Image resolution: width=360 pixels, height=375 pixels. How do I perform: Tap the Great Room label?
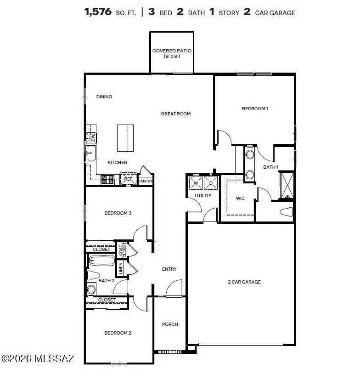(x=175, y=114)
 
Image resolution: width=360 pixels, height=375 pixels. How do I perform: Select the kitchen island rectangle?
(x=125, y=137)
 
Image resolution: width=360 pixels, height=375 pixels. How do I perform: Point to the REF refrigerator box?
(x=128, y=179)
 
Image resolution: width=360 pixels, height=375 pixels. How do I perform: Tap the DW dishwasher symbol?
(x=92, y=137)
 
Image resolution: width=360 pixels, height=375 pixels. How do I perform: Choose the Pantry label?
(x=145, y=181)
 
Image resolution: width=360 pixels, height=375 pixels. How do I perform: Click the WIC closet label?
(x=240, y=198)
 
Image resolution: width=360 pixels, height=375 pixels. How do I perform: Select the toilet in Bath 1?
(x=287, y=212)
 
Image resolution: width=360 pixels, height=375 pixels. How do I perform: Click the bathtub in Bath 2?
(x=101, y=261)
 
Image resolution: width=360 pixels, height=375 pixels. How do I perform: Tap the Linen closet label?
(x=121, y=268)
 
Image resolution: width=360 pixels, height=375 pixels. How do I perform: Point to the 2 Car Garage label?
(x=244, y=282)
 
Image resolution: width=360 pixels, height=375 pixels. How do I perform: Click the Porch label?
(x=170, y=324)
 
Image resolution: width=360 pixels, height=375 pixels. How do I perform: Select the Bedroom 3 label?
(x=118, y=213)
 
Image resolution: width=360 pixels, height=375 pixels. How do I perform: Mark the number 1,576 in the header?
(x=98, y=12)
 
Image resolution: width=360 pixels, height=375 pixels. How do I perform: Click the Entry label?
(x=169, y=269)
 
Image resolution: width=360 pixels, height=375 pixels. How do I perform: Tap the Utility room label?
(x=203, y=195)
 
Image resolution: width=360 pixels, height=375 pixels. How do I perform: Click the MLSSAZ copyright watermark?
(x=37, y=358)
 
